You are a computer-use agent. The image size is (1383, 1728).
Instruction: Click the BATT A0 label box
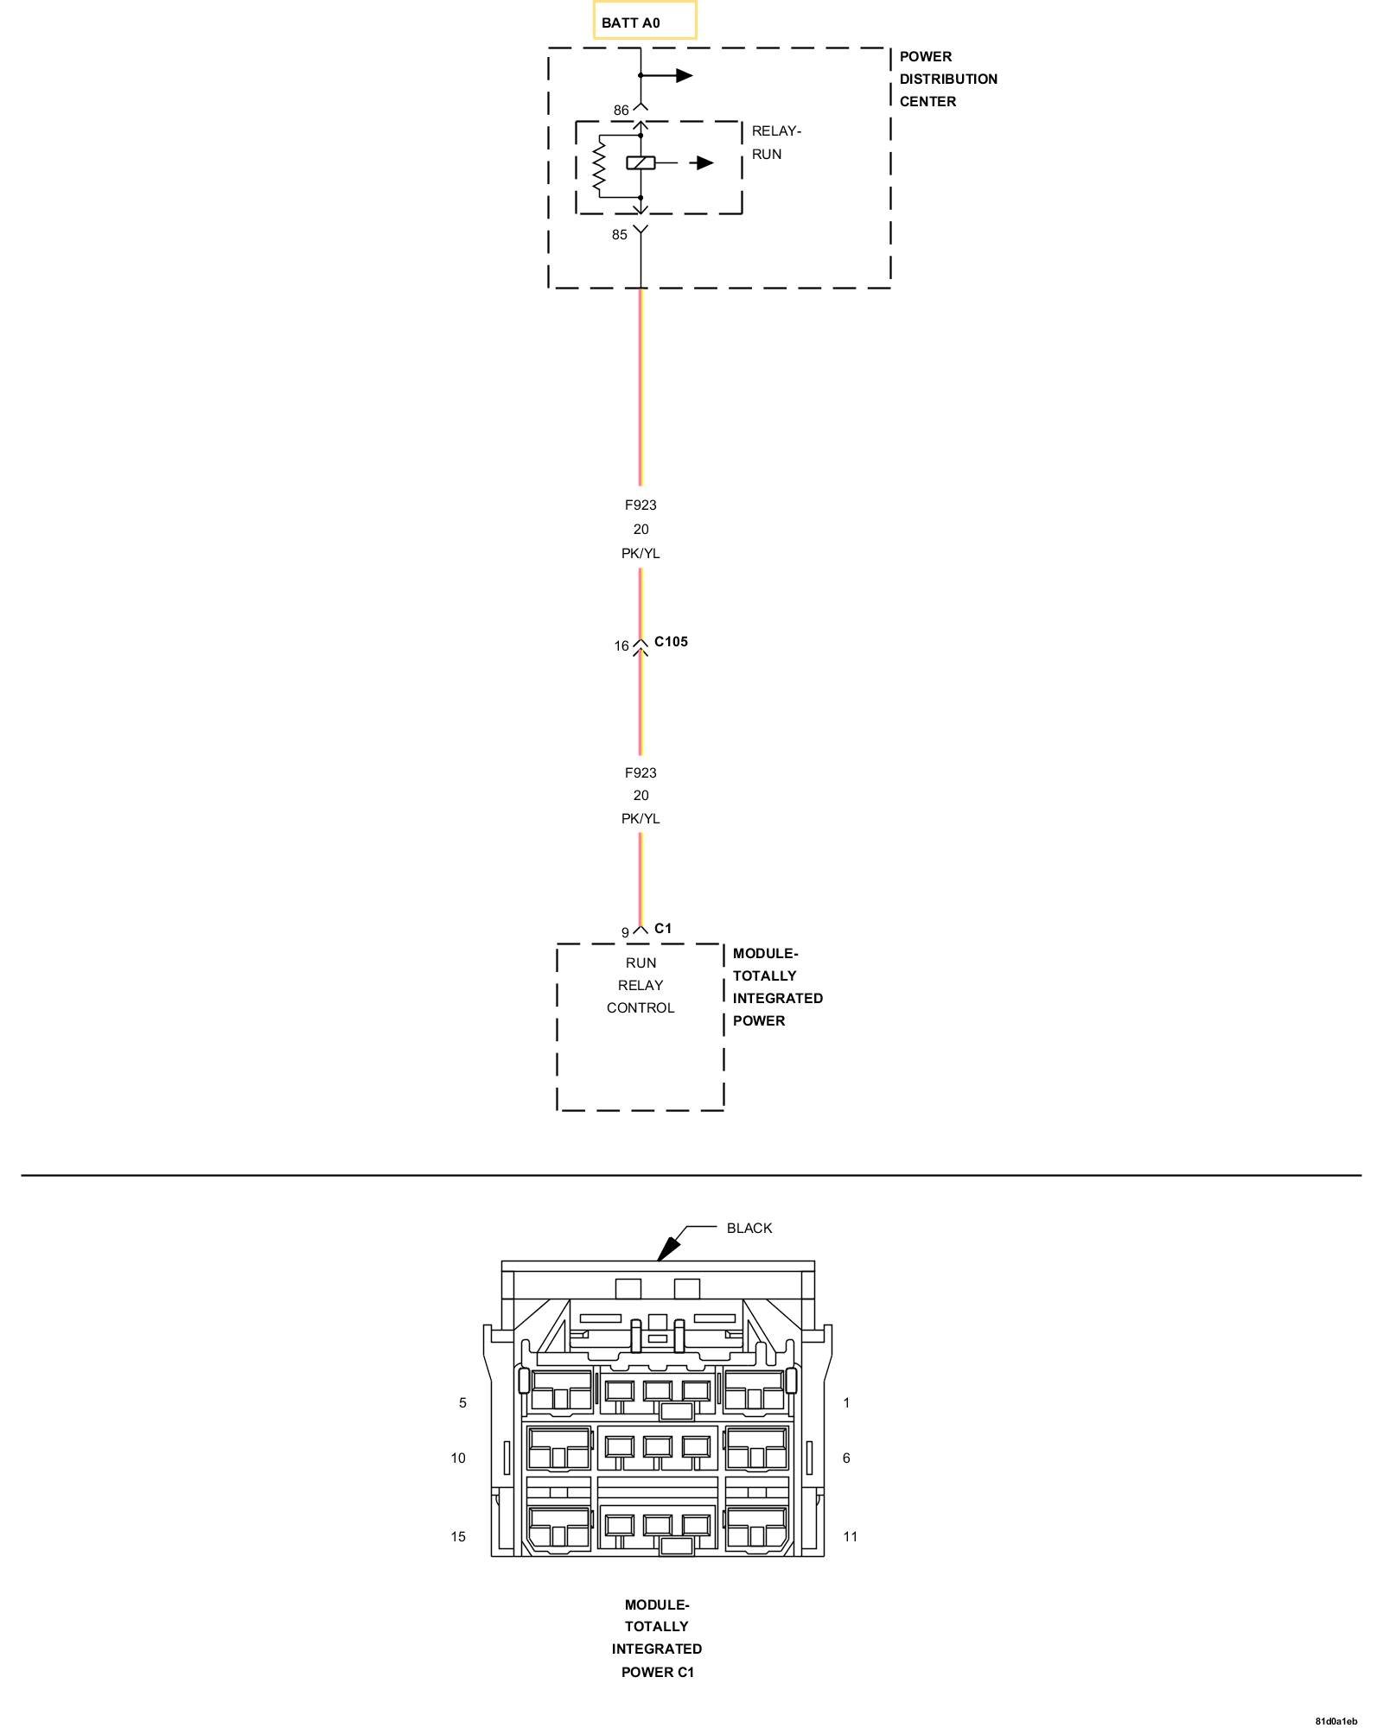click(644, 22)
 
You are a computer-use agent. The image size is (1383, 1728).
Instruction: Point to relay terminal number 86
click(621, 111)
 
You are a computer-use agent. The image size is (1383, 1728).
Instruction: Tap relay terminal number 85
click(620, 235)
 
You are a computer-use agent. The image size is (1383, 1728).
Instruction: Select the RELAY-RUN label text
click(775, 143)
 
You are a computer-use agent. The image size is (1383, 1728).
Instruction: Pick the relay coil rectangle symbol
click(641, 162)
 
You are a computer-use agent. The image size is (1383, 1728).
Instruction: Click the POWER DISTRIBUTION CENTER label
click(947, 79)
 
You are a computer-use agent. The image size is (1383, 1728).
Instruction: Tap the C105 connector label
click(671, 642)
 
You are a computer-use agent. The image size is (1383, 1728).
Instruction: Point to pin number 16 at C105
click(621, 646)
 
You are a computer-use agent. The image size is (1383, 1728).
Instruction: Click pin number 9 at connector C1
click(625, 933)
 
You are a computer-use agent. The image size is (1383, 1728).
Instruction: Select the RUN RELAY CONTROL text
click(641, 985)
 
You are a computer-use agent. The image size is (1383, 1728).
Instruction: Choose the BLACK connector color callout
click(749, 1229)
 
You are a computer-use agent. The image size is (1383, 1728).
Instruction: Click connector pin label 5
click(462, 1403)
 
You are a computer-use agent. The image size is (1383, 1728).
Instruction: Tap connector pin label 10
click(458, 1458)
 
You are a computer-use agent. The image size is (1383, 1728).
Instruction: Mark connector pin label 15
click(458, 1537)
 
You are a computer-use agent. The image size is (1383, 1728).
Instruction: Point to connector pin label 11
click(851, 1537)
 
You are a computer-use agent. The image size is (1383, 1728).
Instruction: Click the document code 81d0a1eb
click(1336, 1721)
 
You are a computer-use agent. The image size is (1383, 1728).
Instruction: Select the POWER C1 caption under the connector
click(657, 1672)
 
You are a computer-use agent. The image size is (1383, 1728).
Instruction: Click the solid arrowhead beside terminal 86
click(685, 76)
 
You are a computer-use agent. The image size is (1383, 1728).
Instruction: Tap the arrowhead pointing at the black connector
click(668, 1249)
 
